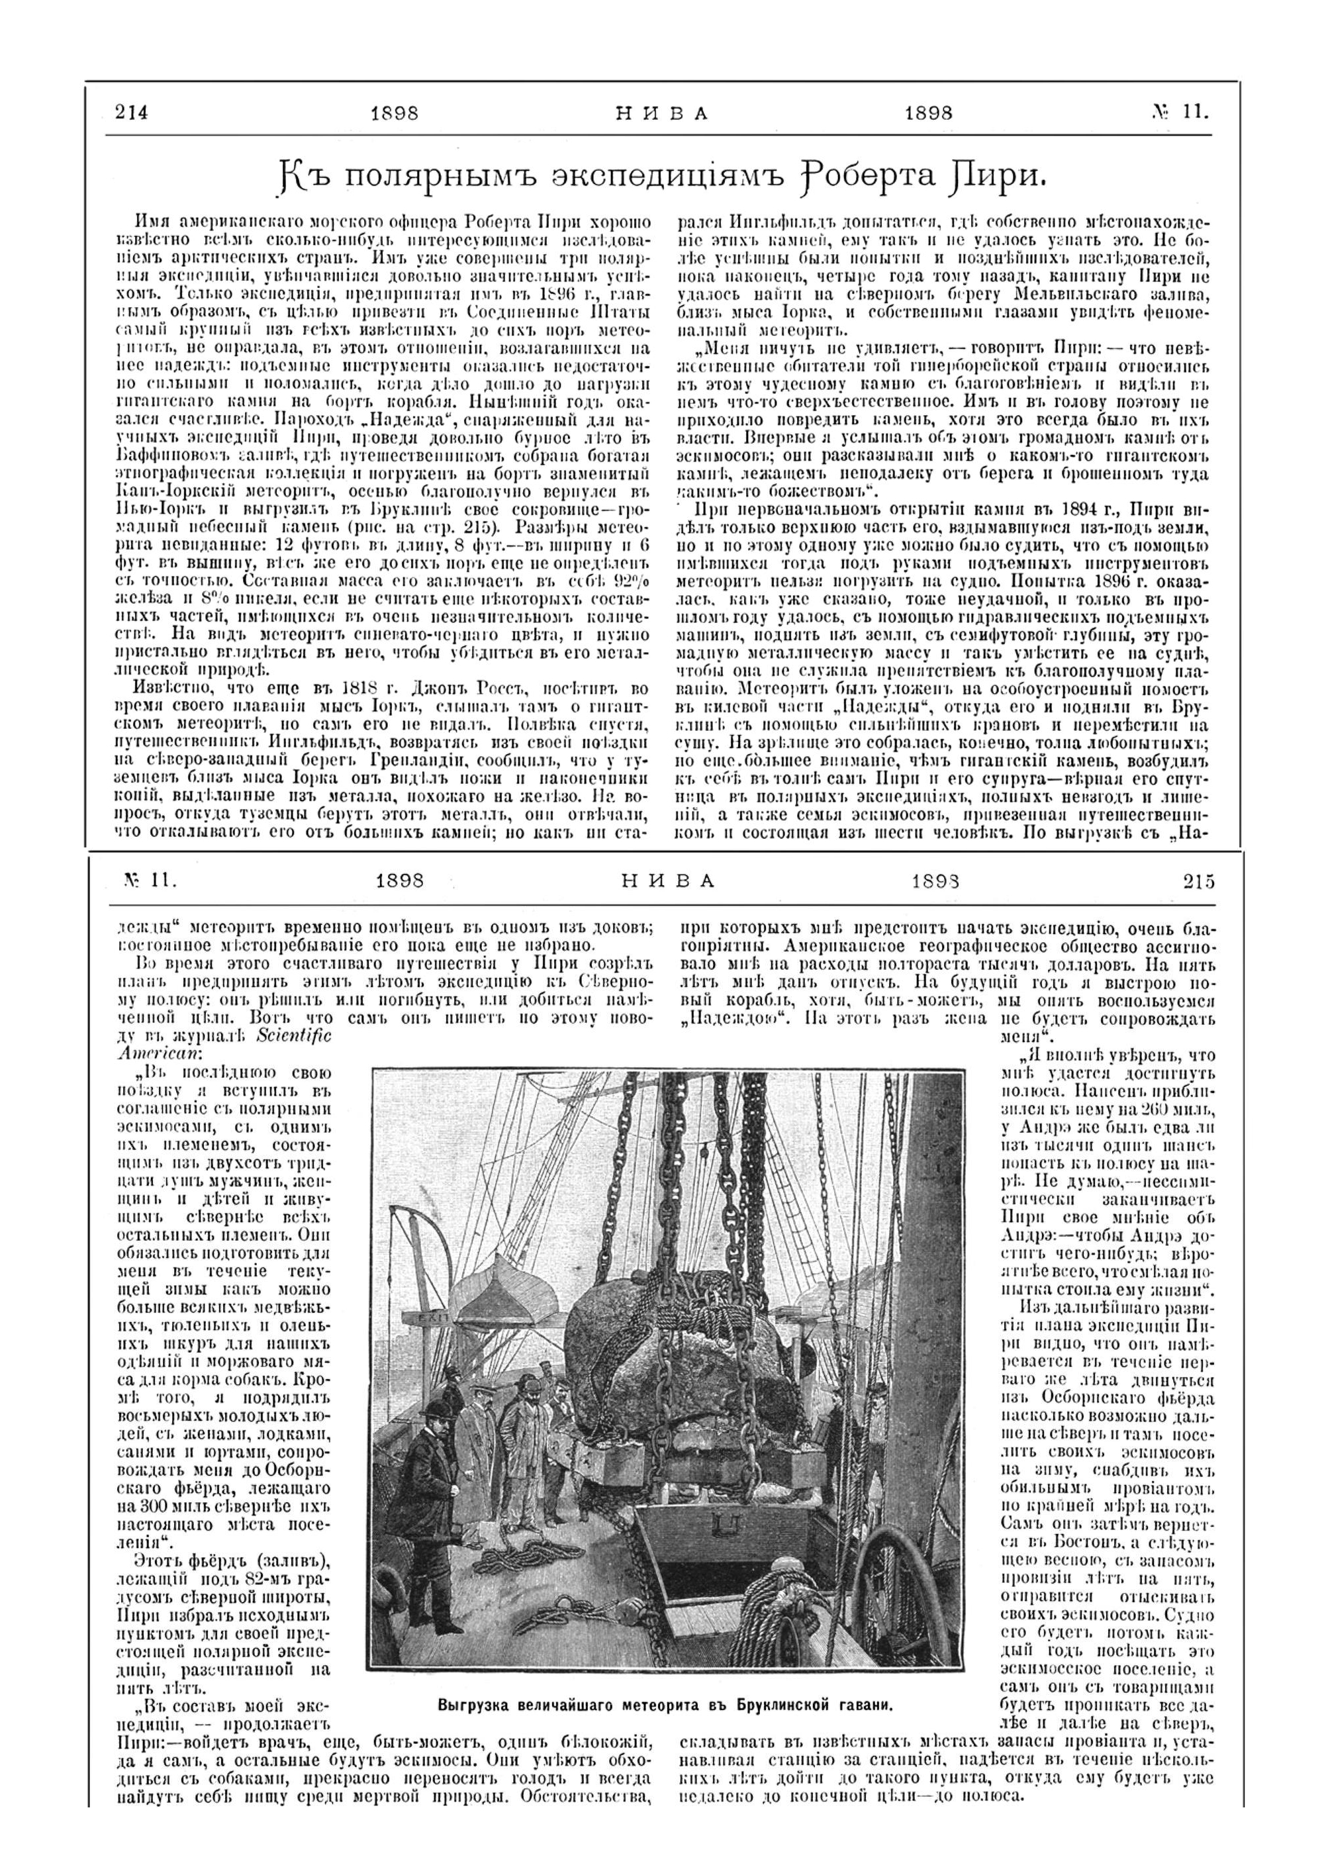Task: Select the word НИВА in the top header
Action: point(662,113)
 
